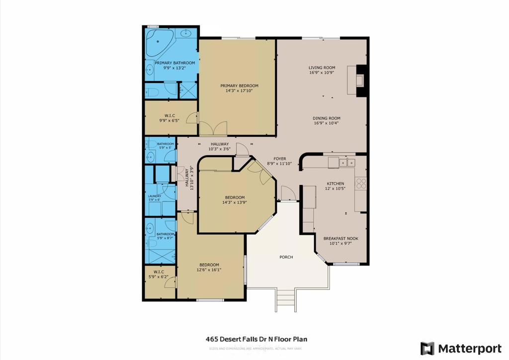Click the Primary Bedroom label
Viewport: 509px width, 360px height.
click(239, 86)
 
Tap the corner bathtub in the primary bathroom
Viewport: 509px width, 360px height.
click(159, 43)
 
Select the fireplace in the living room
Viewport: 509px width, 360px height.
click(360, 80)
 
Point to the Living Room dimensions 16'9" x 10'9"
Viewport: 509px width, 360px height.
click(322, 73)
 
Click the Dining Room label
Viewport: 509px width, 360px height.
click(326, 118)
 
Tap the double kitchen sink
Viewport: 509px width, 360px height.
click(347, 162)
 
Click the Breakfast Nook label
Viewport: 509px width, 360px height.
click(340, 239)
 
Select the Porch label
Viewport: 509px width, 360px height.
click(286, 257)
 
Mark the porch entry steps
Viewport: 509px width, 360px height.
click(285, 299)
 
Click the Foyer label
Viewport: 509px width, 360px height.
click(276, 159)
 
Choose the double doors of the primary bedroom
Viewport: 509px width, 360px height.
click(213, 128)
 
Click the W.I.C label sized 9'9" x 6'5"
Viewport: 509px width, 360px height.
click(169, 115)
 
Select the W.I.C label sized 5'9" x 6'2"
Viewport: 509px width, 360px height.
click(159, 272)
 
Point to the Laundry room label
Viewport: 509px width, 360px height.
click(155, 196)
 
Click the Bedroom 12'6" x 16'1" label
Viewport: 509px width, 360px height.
click(209, 265)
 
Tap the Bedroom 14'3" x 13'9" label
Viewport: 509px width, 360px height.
click(234, 197)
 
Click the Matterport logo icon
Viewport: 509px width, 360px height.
click(427, 349)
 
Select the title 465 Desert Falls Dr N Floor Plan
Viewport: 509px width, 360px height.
click(256, 339)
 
